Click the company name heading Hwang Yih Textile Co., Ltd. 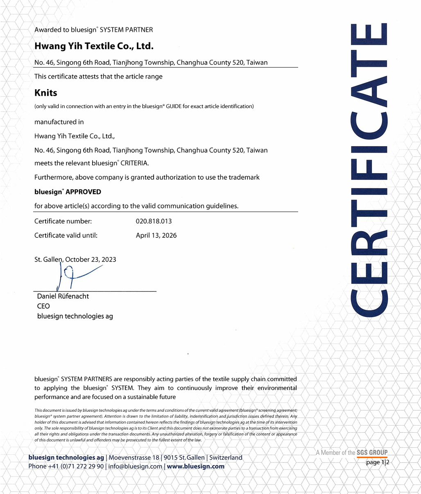[94, 46]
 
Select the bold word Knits [46, 93]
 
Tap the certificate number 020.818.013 [154, 221]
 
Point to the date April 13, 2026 [156, 236]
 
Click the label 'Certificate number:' [63, 221]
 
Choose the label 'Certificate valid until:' [66, 236]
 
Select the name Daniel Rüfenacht [63, 296]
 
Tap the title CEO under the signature [43, 306]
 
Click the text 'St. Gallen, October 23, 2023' [75, 259]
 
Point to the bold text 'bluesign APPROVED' [68, 192]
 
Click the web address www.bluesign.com [196, 467]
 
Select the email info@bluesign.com [135, 467]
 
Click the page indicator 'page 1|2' [377, 462]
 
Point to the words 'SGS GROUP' [372, 453]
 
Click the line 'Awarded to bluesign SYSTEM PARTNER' [94, 30]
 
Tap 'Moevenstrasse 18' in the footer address [134, 458]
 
